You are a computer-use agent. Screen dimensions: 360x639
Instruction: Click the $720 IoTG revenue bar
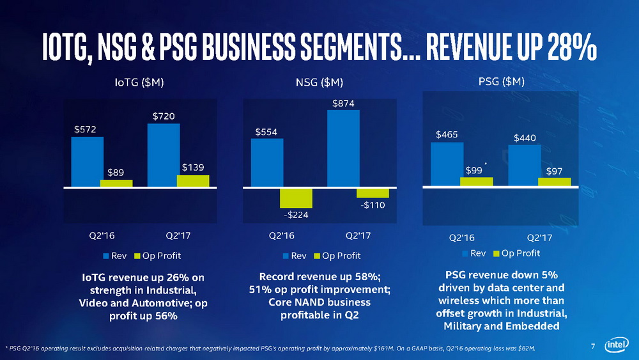pos(163,155)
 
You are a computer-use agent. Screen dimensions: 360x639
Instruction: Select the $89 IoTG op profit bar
pos(116,184)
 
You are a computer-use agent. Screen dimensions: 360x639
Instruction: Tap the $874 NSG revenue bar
pos(343,148)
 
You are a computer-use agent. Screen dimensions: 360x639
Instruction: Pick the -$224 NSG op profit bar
pos(296,198)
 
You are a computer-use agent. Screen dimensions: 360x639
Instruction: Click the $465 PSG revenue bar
pos(447,164)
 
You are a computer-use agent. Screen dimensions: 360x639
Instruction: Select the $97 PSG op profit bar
pos(554,182)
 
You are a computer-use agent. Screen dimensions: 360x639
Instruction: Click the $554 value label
pos(266,132)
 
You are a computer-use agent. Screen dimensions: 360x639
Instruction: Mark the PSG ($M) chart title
pos(502,81)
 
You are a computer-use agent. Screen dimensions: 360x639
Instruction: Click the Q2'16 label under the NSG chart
pos(282,235)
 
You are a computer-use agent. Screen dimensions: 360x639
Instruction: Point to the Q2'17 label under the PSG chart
pos(539,237)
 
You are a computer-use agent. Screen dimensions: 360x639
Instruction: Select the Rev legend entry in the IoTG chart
pos(115,256)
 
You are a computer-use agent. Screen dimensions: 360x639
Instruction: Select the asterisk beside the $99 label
pos(486,164)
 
